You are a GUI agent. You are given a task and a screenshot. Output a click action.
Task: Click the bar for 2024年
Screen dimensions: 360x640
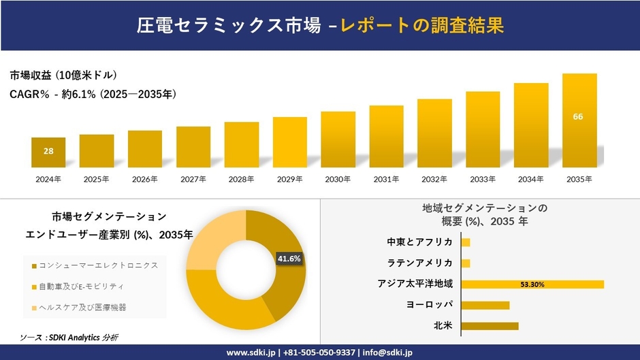point(48,152)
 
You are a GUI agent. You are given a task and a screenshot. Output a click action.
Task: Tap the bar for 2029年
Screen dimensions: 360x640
point(289,142)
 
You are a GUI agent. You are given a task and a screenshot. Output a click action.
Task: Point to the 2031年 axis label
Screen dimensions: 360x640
point(386,180)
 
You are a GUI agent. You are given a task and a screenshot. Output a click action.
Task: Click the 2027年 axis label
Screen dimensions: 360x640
point(193,180)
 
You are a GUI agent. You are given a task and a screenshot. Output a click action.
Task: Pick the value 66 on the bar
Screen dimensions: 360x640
point(578,116)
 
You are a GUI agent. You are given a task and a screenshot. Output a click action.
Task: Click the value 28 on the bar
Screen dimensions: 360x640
point(48,151)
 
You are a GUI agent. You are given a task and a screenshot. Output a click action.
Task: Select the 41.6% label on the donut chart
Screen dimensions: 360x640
point(289,259)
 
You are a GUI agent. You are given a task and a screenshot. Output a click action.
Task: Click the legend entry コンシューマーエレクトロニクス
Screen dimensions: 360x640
point(95,265)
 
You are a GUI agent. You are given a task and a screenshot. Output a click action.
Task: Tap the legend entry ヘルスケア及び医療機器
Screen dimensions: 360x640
point(85,307)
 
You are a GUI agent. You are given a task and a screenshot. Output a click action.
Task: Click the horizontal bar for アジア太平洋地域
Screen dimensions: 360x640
point(532,284)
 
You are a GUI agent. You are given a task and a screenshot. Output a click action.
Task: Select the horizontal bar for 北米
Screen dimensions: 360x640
point(490,326)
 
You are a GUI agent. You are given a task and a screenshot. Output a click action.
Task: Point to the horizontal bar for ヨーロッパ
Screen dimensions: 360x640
point(485,305)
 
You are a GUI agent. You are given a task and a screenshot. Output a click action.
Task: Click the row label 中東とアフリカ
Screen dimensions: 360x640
point(419,242)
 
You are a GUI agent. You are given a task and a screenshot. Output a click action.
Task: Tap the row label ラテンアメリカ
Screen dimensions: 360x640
point(419,263)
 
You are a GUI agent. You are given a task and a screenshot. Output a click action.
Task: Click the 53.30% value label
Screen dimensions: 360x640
point(532,284)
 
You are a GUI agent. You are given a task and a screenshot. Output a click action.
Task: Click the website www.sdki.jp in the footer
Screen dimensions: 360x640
point(251,353)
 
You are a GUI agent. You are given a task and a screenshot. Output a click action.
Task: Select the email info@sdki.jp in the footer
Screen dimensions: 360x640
point(388,353)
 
